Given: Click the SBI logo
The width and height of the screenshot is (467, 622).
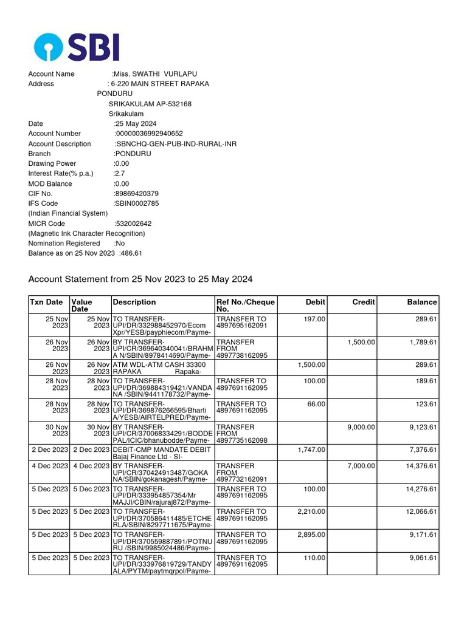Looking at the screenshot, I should click(77, 47).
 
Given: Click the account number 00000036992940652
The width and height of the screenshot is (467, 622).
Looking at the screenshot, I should click(149, 134).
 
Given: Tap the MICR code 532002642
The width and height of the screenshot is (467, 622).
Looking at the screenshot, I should click(133, 224).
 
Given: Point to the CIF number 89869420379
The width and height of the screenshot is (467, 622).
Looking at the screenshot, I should click(137, 194).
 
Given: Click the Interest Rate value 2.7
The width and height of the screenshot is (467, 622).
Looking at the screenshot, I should click(120, 174).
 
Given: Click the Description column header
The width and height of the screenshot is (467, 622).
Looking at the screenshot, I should click(134, 302).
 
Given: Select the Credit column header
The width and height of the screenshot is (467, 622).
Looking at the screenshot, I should click(364, 302).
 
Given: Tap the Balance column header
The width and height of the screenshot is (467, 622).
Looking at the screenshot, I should click(422, 302).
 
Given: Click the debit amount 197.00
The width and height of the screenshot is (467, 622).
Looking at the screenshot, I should click(314, 319).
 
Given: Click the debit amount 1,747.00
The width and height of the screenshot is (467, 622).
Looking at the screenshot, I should click(312, 450).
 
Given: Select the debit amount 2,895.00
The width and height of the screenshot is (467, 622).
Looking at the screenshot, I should click(312, 535).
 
